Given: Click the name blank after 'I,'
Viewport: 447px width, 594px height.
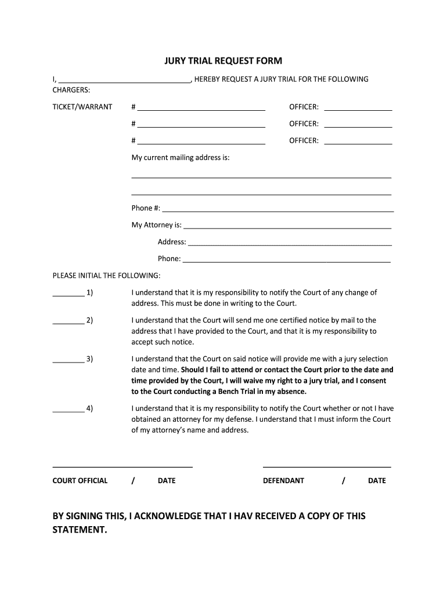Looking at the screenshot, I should [125, 80].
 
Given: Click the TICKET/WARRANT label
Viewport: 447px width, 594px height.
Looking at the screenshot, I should [82, 107].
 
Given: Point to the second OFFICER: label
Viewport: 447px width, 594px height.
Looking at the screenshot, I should [304, 124].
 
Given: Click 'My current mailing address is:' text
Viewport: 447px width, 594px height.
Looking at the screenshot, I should [181, 158].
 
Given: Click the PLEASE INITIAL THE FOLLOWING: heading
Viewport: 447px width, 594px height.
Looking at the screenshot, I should [106, 276].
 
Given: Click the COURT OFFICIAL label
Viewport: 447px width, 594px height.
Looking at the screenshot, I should [80, 481].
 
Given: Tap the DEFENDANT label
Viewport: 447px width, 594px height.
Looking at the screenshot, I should [283, 481].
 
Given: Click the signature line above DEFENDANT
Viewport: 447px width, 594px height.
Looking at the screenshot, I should [327, 466].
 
